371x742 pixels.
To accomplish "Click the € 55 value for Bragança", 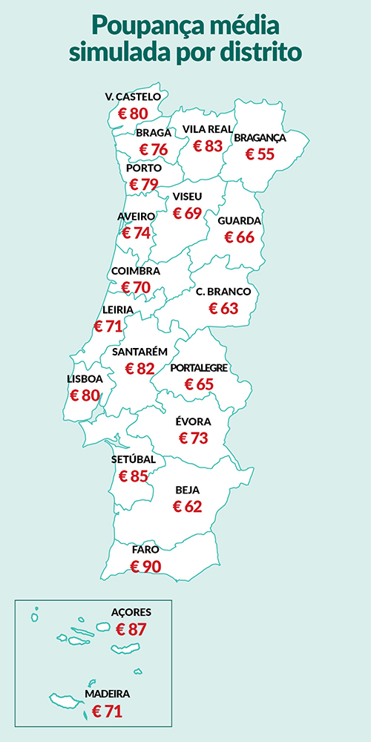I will click(x=260, y=154).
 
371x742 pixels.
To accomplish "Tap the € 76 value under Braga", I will click(x=154, y=149).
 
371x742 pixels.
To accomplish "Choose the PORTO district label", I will click(x=144, y=168).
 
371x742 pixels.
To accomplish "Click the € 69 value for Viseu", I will click(x=188, y=213).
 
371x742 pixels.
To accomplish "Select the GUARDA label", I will click(x=239, y=221).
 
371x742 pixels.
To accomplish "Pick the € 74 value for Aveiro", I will click(x=136, y=232).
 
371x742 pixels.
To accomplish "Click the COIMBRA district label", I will click(x=134, y=272).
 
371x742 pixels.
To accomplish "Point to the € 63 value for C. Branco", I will click(x=223, y=308).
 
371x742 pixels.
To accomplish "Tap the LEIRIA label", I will click(x=119, y=309).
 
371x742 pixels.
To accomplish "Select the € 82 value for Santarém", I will click(x=139, y=368).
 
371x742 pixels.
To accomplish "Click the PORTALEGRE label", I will click(x=199, y=368).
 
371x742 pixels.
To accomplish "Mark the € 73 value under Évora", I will click(x=194, y=438).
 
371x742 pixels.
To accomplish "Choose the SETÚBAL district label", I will click(x=134, y=459).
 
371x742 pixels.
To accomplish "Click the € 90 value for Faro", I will click(x=145, y=566).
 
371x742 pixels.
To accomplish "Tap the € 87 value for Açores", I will click(x=131, y=628).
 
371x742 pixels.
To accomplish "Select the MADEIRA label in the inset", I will click(x=108, y=694).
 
